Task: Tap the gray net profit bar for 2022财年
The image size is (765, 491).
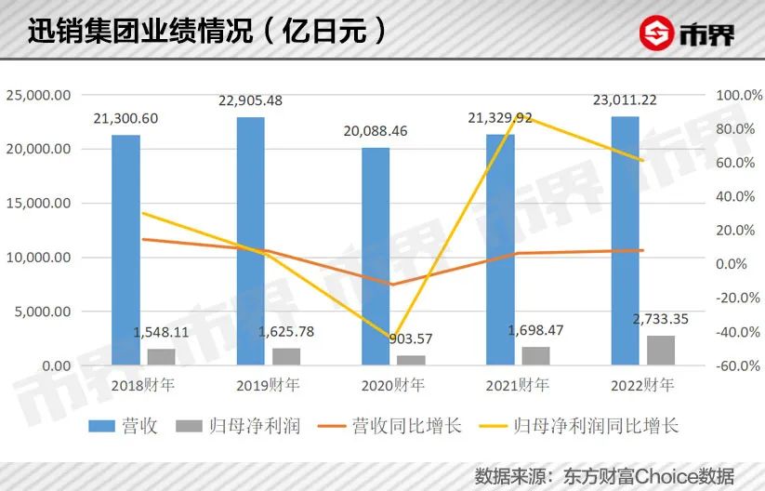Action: [660, 351]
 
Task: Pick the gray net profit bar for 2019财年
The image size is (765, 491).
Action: [286, 356]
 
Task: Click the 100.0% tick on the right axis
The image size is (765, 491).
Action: [734, 95]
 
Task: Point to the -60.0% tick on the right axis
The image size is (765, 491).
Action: [734, 366]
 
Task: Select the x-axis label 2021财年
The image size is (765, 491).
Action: [518, 385]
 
